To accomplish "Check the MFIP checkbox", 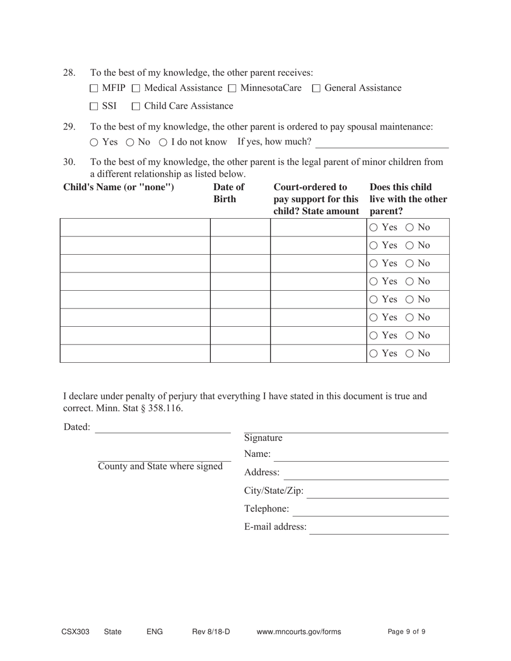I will (95, 89).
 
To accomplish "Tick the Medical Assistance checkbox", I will (136, 89).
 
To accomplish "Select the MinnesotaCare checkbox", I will (232, 89).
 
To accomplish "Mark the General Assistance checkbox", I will (316, 89).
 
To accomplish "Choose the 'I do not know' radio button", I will (163, 142).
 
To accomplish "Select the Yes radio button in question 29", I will (94, 142).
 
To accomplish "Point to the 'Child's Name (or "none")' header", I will (119, 188).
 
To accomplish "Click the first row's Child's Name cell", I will (135, 228).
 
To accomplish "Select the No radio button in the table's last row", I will (410, 354).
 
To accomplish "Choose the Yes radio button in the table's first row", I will (374, 228).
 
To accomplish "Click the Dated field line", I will (162, 428).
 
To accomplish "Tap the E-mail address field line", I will (379, 529).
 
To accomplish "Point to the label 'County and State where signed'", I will (160, 466).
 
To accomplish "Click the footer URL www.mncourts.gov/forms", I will (299, 632).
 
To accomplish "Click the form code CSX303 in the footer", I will (75, 632).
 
